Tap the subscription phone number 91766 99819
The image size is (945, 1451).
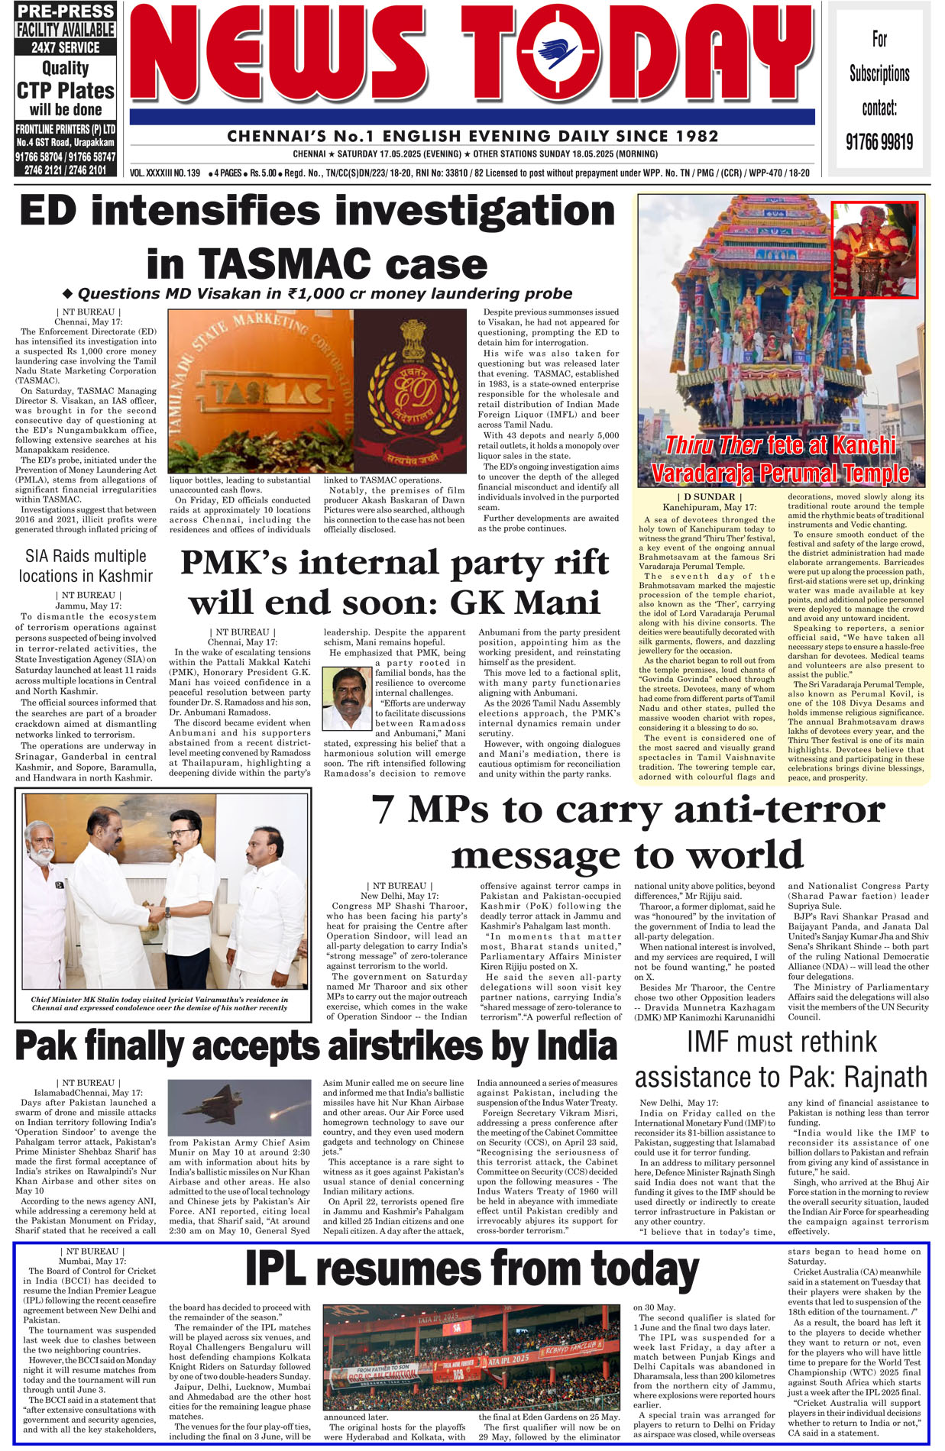pos(879,142)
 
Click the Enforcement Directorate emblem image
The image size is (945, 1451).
pos(410,390)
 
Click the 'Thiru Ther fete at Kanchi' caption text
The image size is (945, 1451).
pos(780,445)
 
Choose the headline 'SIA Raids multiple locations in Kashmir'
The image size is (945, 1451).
pos(86,566)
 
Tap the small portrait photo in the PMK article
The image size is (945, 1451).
pos(347,698)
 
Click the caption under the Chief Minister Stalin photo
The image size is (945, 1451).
pos(160,1003)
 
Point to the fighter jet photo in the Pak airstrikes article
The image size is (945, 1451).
pos(239,1107)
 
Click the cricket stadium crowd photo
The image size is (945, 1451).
pos(471,1356)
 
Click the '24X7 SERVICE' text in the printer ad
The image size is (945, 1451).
pos(66,47)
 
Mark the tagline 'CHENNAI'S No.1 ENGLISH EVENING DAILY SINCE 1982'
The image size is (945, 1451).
pos(473,137)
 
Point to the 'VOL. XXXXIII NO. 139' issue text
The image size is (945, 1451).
pos(165,173)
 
